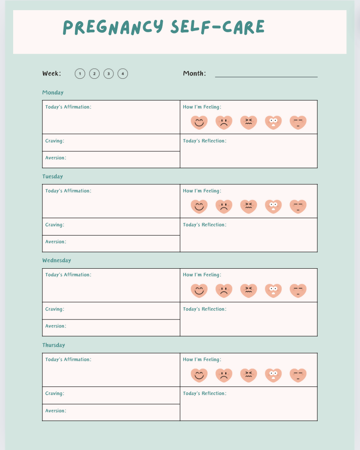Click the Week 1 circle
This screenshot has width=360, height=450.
tap(80, 74)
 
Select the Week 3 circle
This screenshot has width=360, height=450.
tap(108, 74)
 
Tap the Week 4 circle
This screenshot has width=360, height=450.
tap(123, 74)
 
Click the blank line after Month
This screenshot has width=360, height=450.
tap(266, 75)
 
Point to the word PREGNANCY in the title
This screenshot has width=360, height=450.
tap(113, 27)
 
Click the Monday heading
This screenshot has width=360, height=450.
tap(53, 92)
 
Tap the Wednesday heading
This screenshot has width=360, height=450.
tap(57, 260)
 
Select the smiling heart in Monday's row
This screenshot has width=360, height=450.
tap(199, 122)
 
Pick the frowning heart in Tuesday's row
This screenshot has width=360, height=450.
tap(224, 206)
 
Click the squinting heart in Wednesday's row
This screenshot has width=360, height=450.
tap(249, 291)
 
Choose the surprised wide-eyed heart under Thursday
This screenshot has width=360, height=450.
tap(273, 375)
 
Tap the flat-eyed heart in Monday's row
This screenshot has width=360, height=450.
tap(298, 122)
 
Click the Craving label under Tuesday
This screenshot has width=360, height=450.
tap(55, 225)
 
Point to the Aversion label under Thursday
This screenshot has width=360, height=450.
tap(55, 411)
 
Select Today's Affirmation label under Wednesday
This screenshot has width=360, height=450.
tap(68, 275)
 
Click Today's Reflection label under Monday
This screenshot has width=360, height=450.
tap(205, 141)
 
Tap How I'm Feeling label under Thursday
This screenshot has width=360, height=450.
tap(202, 359)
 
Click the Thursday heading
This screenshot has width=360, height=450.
tap(54, 345)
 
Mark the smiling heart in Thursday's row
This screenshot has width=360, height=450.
tap(199, 375)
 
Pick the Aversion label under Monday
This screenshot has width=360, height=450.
tap(55, 158)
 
